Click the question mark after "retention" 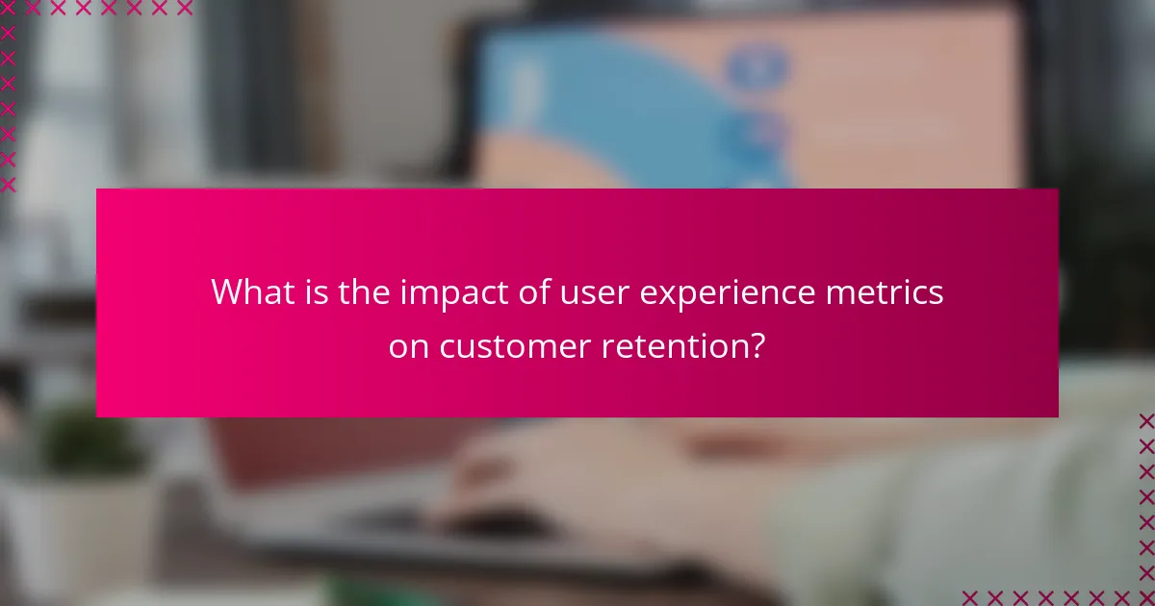click(x=757, y=345)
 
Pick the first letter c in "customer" click(x=448, y=348)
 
